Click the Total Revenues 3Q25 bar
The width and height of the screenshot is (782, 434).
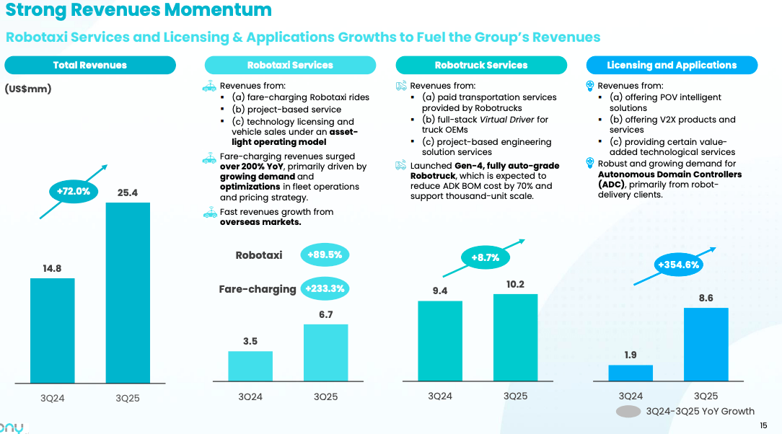pos(128,293)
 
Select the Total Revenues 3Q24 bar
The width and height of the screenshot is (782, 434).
pos(52,330)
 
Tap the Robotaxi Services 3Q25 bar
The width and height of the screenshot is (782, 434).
pos(325,353)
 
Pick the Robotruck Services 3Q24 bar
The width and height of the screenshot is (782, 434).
pos(440,340)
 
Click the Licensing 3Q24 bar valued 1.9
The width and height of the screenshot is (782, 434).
pos(631,373)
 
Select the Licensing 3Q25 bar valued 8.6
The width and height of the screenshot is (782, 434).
pos(706,344)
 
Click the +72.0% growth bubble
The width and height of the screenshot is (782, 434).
pos(73,191)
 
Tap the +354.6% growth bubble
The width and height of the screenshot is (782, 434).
pos(679,265)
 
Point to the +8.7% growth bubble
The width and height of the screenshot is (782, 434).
pos(485,257)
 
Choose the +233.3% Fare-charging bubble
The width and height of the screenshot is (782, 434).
pos(325,289)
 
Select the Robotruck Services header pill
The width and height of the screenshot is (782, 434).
pos(481,65)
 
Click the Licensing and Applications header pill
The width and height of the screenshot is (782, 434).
pos(672,65)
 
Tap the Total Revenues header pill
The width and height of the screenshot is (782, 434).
pos(90,65)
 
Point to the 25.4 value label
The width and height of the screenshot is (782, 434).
pos(128,192)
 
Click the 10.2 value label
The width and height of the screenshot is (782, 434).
pos(515,284)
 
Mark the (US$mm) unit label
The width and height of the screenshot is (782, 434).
pos(28,89)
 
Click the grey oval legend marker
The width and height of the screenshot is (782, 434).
pos(628,412)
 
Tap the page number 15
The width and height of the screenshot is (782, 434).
pos(763,426)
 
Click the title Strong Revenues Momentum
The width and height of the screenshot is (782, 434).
pos(139,10)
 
